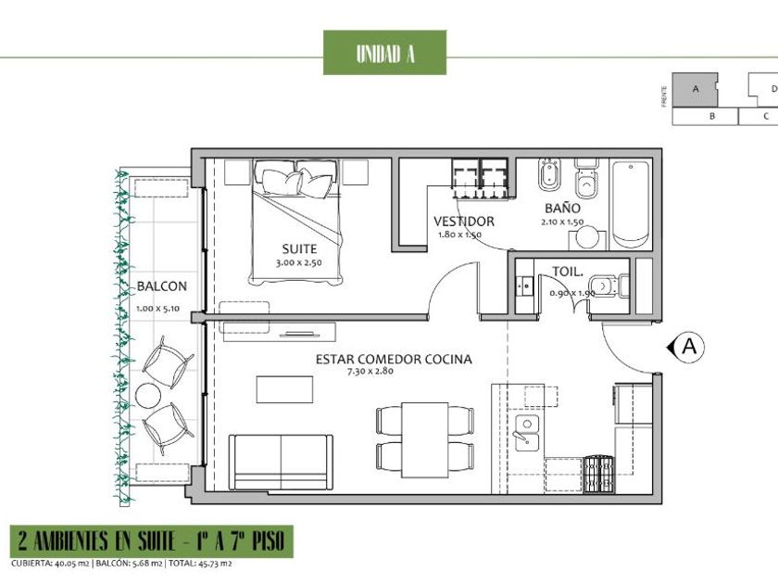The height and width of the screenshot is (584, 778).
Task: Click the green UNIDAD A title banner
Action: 384,53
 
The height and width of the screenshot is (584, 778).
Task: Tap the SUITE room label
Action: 299,248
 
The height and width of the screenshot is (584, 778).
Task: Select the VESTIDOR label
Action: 464,222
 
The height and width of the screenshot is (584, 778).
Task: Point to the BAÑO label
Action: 562,208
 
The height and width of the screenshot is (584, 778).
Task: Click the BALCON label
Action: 162,286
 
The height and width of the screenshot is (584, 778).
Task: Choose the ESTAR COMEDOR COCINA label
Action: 394,359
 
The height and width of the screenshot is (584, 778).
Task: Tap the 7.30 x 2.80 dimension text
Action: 370,371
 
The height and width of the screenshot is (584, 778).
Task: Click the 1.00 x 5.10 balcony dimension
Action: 157,309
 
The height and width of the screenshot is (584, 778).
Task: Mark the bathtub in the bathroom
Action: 631,204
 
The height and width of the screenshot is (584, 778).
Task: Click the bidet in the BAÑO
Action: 548,174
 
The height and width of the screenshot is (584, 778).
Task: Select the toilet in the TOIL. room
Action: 609,286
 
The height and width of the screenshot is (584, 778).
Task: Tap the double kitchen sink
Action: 527,433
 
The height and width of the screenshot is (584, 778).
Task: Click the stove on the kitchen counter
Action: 599,475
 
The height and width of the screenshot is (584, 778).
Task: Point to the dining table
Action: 425,440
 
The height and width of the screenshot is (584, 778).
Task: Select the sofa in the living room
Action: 282,463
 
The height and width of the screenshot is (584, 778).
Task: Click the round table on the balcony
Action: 148,396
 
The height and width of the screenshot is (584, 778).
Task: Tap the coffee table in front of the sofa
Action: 285,389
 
